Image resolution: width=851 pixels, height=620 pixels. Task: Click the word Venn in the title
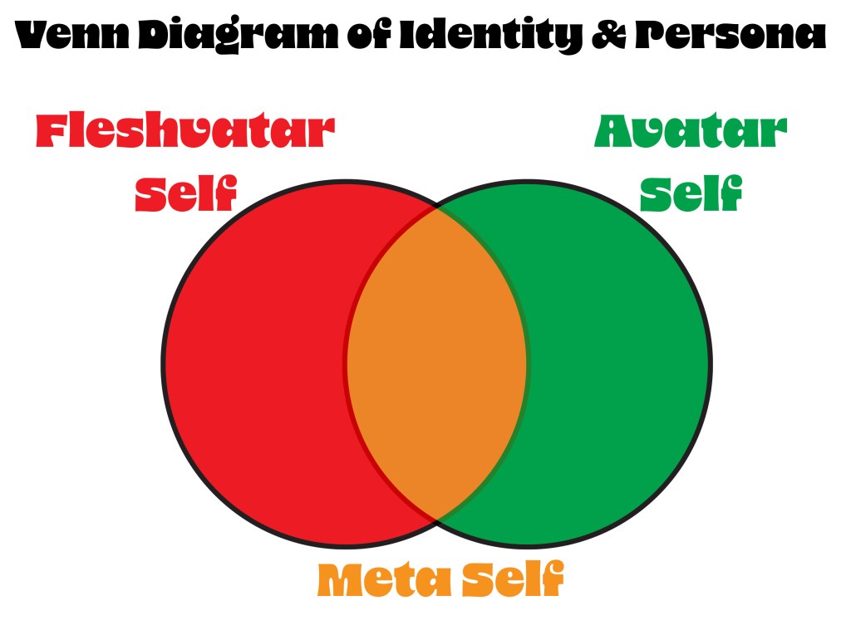coord(72,35)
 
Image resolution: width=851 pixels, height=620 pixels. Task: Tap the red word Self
coord(185,193)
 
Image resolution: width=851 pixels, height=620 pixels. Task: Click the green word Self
coord(691,193)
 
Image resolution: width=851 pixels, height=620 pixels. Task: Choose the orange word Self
coord(512,579)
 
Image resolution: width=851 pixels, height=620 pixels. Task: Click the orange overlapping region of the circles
coord(437,363)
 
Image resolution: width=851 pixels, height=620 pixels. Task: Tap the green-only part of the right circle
coord(618,363)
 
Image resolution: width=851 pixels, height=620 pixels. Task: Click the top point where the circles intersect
coord(437,207)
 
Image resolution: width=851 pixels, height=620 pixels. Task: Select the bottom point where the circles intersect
coord(437,520)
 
